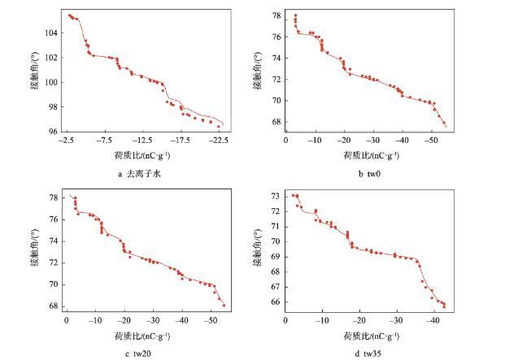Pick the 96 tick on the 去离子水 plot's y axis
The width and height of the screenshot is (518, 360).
pyautogui.click(x=54, y=132)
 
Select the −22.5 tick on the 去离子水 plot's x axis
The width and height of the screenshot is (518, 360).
pyautogui.click(x=218, y=139)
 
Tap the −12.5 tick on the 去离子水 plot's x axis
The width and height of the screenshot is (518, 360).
pyautogui.click(x=143, y=139)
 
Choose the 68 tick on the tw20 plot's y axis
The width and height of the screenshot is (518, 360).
pyautogui.click(x=54, y=306)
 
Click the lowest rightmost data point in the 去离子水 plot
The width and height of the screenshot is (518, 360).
pyautogui.click(x=218, y=127)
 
